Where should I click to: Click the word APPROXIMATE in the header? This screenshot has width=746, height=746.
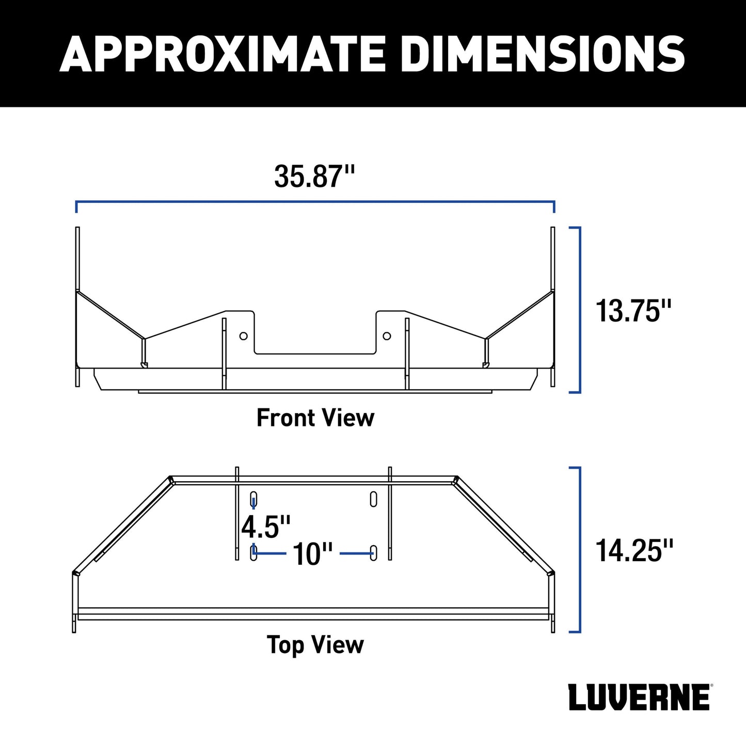click(x=223, y=54)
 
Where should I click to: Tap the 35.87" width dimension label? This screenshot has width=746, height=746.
click(x=314, y=177)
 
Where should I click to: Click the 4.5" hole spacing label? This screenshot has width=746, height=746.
click(x=265, y=527)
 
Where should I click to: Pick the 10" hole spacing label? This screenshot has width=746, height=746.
click(x=312, y=554)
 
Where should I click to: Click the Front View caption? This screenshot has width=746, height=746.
click(x=315, y=418)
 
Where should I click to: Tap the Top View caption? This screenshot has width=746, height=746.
click(x=315, y=645)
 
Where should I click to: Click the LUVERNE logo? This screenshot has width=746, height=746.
click(x=639, y=708)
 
